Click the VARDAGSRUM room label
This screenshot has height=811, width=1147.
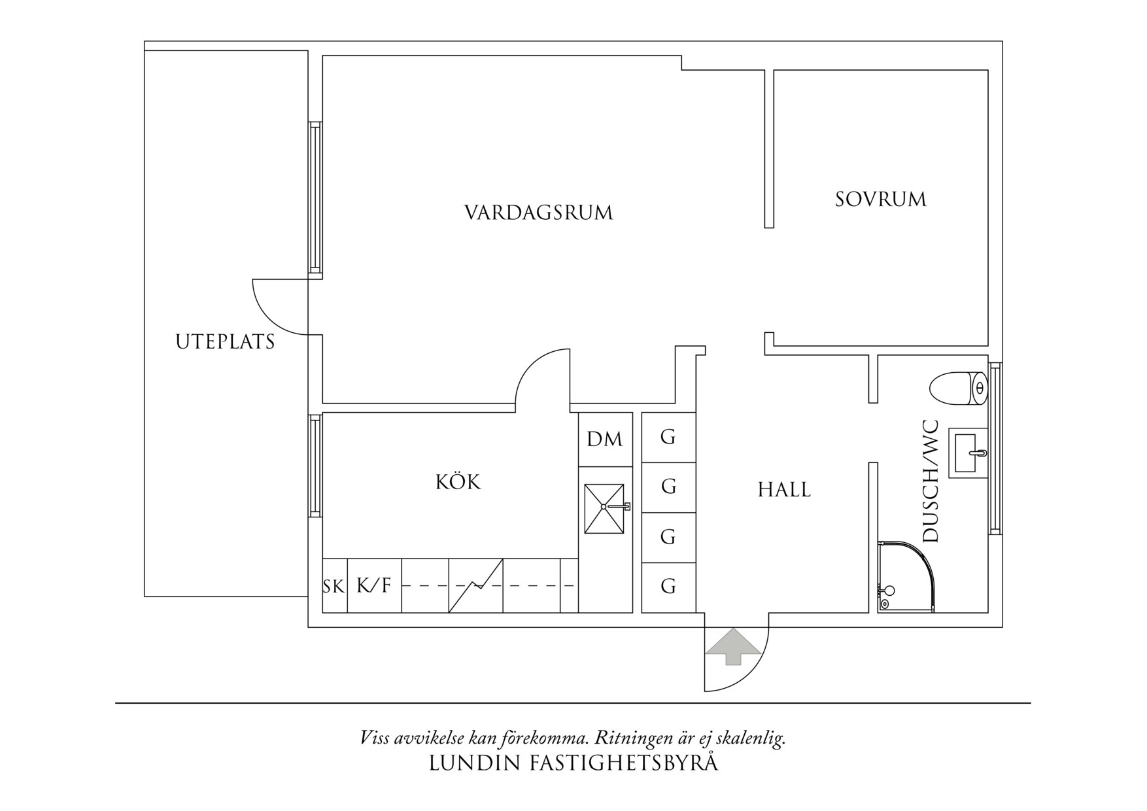(539, 213)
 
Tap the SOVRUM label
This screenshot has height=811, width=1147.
(881, 199)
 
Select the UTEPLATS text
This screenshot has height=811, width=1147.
(225, 341)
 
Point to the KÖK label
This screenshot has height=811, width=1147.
(458, 482)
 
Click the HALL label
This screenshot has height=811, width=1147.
(784, 489)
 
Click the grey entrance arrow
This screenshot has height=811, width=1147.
(734, 646)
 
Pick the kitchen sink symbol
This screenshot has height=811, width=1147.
(605, 508)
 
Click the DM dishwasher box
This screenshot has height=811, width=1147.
(605, 439)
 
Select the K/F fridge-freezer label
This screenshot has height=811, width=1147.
(373, 585)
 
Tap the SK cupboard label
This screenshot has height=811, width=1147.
(334, 587)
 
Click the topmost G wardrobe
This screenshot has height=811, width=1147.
(668, 437)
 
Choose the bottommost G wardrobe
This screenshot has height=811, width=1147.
(668, 586)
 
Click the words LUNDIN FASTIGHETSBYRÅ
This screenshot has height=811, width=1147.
(573, 763)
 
